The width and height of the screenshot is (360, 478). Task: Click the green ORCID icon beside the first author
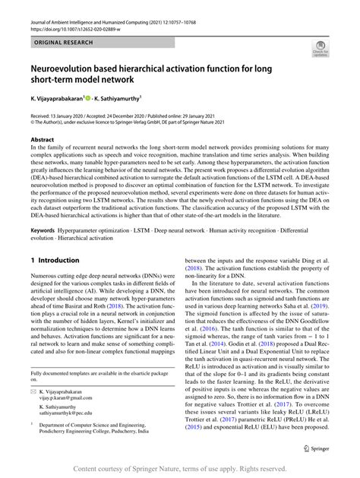coord(87,99)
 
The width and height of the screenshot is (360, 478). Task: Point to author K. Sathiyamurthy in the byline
coord(121,99)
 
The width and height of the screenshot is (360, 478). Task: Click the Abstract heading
coord(42,140)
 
